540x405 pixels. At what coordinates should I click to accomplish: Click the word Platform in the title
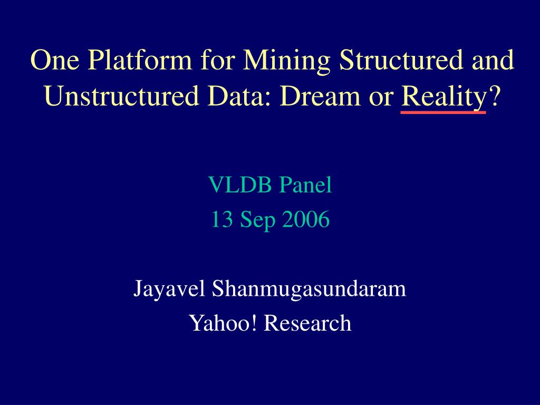[x=139, y=60]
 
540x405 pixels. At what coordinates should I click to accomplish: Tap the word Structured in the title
[x=401, y=60]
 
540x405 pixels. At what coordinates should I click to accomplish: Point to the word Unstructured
[x=122, y=96]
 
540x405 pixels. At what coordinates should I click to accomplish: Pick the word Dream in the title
[x=320, y=96]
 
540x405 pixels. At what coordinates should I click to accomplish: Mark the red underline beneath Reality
[x=443, y=112]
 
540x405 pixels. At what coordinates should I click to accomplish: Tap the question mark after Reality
[x=493, y=96]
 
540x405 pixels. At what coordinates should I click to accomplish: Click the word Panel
[x=305, y=185]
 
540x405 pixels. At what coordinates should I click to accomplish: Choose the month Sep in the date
[x=257, y=221]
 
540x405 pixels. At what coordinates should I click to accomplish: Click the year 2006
[x=306, y=219]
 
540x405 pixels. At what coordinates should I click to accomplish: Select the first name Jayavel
[x=169, y=290]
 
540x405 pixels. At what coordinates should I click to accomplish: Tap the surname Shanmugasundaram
[x=309, y=290]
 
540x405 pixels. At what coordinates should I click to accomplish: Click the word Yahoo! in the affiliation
[x=223, y=323]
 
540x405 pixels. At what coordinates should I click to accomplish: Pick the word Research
[x=307, y=323]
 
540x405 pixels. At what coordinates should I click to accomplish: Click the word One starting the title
[x=55, y=60]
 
